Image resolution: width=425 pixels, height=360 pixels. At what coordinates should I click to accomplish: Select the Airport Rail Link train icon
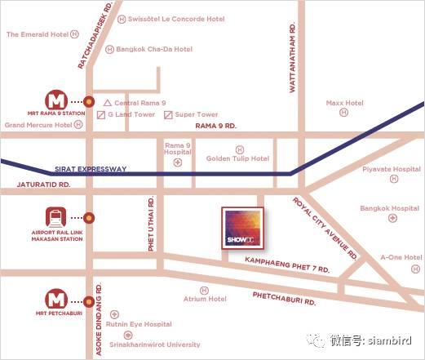[56, 218]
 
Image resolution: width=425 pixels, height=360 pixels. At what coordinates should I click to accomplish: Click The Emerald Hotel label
[37, 34]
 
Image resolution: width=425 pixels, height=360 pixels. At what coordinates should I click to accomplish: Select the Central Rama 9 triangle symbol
[108, 103]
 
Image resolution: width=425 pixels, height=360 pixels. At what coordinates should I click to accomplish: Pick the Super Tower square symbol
[168, 115]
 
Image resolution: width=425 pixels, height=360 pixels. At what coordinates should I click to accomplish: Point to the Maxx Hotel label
[344, 104]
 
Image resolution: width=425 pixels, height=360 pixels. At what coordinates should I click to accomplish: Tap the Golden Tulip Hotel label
[237, 159]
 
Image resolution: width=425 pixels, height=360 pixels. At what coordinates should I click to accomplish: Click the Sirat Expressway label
[90, 169]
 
